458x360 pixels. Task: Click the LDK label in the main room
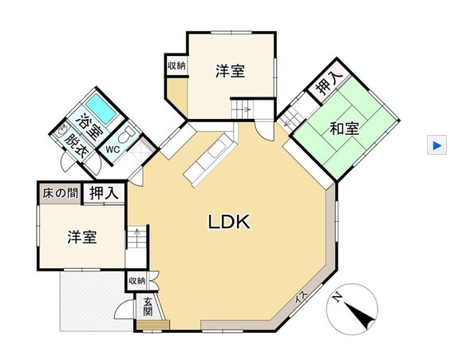tap(229, 222)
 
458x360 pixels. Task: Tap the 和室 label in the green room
tap(345, 129)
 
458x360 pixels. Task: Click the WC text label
tap(113, 149)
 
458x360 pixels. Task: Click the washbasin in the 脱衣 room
tap(62, 131)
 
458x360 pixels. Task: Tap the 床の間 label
tap(61, 193)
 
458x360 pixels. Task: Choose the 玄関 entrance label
tap(148, 307)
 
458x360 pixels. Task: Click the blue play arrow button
tap(436, 145)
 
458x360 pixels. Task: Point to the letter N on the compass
tap(338, 297)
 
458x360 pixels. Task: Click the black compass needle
tap(360, 316)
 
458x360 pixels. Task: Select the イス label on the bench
tap(301, 299)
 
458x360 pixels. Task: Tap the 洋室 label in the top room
tap(230, 71)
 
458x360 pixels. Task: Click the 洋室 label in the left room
tap(82, 237)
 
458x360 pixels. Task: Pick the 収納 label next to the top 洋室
tap(176, 65)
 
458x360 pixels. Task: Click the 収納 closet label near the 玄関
tap(137, 281)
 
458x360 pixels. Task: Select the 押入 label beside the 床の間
tap(104, 193)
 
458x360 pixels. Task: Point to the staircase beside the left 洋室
tap(136, 238)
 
